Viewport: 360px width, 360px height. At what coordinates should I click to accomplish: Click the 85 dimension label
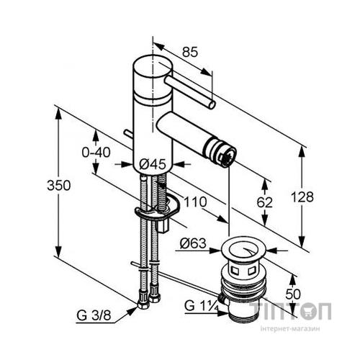pyautogui.click(x=190, y=52)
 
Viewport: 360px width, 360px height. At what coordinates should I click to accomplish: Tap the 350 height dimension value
pyautogui.click(x=59, y=186)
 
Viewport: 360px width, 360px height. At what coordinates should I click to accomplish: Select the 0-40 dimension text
pyautogui.click(x=96, y=153)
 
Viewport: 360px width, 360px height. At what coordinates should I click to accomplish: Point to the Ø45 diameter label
pyautogui.click(x=153, y=165)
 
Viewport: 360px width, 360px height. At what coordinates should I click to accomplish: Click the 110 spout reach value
pyautogui.click(x=195, y=202)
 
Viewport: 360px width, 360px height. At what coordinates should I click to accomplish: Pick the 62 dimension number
pyautogui.click(x=265, y=202)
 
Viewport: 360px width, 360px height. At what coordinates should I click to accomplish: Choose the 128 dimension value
pyautogui.click(x=302, y=197)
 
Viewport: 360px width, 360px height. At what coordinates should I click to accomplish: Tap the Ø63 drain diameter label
pyautogui.click(x=193, y=243)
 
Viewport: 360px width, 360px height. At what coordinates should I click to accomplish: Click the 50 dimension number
pyautogui.click(x=293, y=294)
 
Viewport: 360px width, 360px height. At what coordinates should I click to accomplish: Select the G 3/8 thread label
pyautogui.click(x=94, y=315)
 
